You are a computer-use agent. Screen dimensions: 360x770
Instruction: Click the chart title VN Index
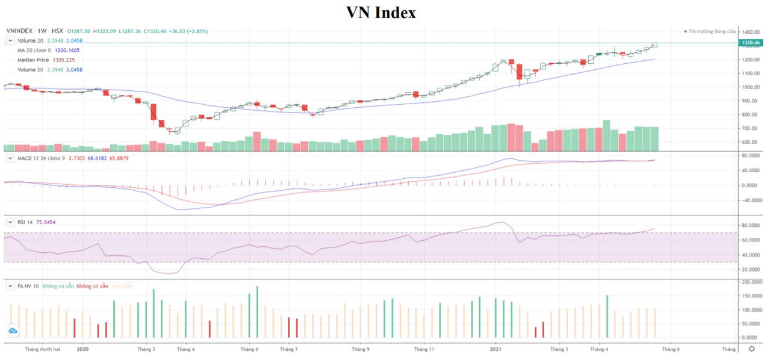coord(380,12)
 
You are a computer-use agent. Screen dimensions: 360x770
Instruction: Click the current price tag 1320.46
coord(752,43)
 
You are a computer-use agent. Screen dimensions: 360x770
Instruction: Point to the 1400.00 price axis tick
coord(752,32)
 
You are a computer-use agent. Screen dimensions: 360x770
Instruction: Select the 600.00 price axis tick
coord(751,142)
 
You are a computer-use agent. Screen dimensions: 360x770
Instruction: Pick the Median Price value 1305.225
coord(63,60)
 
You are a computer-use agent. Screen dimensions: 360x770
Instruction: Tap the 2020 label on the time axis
coord(83,349)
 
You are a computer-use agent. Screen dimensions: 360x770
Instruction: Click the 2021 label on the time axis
coord(495,349)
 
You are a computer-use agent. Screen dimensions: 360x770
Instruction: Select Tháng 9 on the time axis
coord(360,349)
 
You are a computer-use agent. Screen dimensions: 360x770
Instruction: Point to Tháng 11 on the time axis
coord(424,349)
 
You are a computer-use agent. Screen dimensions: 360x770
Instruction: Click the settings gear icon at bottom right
coord(751,349)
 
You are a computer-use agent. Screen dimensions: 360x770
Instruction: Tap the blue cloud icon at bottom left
coord(13,331)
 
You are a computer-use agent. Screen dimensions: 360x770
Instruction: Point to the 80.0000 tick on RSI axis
coord(752,226)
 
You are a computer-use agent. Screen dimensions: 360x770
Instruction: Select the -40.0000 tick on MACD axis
coord(751,200)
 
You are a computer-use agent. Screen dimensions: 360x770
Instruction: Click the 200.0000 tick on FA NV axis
coord(753,282)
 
